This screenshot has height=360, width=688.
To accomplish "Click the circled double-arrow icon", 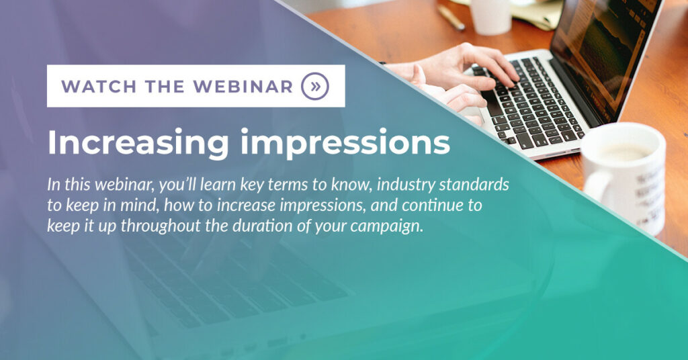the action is [x=315, y=86].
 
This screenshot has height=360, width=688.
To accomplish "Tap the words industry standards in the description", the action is [x=443, y=185].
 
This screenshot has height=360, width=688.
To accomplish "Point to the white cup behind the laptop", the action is [x=491, y=16].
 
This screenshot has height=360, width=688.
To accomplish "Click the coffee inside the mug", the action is [x=623, y=152].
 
